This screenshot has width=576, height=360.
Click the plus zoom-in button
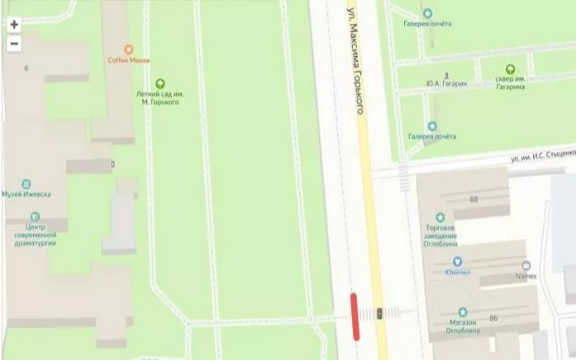click(x=14, y=24)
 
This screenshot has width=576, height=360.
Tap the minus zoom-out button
click(x=14, y=44)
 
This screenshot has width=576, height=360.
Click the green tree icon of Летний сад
click(x=159, y=83)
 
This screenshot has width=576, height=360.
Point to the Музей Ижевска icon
click(x=26, y=184)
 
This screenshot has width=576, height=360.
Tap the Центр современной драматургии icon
click(x=34, y=216)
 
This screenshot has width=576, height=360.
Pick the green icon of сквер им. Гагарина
click(x=510, y=69)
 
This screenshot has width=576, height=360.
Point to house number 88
click(x=473, y=199)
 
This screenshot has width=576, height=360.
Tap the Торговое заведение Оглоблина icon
click(x=441, y=217)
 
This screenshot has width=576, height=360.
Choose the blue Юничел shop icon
click(x=458, y=261)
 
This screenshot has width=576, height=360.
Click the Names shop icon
click(x=527, y=265)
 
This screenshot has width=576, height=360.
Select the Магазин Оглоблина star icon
click(x=462, y=312)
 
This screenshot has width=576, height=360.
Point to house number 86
click(x=493, y=319)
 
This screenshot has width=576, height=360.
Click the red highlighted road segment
click(x=355, y=316)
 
